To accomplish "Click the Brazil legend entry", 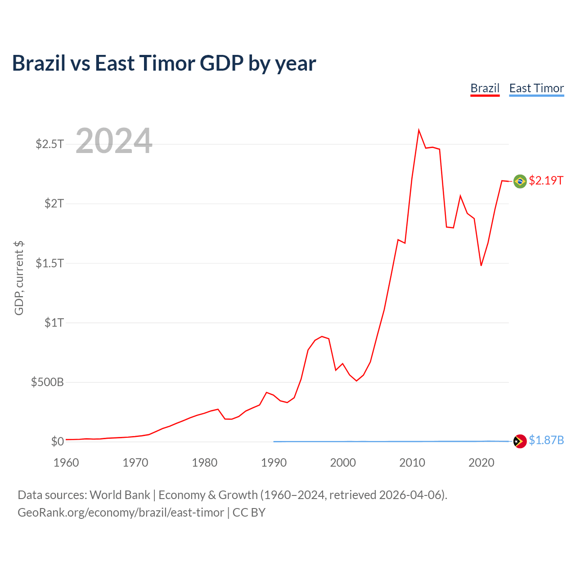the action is [485, 89].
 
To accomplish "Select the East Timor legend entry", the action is [536, 89].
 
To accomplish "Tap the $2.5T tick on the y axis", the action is [49, 144].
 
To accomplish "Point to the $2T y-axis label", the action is [54, 203].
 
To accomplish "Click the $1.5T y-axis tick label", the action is [49, 263].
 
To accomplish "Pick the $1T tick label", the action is [54, 323].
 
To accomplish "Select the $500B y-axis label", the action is [47, 382].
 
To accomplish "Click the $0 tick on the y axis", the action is [58, 441].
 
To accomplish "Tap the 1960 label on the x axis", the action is [66, 463].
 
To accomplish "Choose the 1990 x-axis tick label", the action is [274, 463].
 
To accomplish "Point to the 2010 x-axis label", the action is [412, 463].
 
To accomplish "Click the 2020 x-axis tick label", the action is [481, 463].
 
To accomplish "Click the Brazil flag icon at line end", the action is [520, 181].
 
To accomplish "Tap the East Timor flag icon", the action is [520, 441].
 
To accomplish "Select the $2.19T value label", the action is [546, 180].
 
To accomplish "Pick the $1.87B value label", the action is [546, 440].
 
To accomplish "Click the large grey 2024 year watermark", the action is [114, 140].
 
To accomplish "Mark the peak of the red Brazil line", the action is [419, 130].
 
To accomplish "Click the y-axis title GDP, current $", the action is [19, 278].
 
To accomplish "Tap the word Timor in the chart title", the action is [167, 63].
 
